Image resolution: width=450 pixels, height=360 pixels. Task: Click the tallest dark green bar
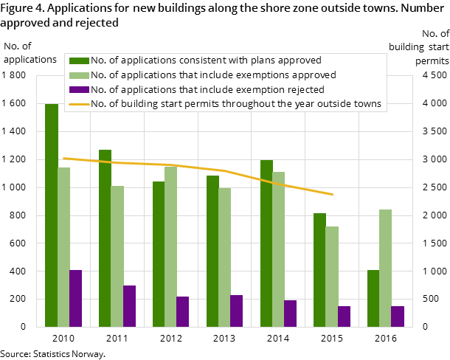[x=51, y=215]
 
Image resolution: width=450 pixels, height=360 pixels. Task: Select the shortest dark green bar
[x=373, y=298]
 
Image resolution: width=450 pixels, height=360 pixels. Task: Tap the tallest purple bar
[x=75, y=298]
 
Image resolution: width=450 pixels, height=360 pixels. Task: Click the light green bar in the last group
[x=385, y=268]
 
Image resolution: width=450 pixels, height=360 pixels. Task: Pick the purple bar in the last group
[x=398, y=316]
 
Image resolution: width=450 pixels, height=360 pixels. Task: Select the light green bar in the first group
[x=63, y=246]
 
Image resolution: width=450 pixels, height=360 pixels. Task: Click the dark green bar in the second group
[x=105, y=238]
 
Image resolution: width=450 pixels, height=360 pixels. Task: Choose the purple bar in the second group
[x=129, y=305]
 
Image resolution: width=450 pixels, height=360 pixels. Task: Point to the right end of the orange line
[x=333, y=194]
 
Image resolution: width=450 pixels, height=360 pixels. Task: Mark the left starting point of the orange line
[x=63, y=158]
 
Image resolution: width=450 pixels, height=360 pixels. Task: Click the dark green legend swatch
[x=79, y=60]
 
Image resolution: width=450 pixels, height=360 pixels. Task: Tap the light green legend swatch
[x=79, y=75]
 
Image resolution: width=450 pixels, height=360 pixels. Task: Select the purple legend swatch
[x=79, y=90]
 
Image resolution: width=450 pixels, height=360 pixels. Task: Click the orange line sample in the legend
[x=79, y=105]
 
